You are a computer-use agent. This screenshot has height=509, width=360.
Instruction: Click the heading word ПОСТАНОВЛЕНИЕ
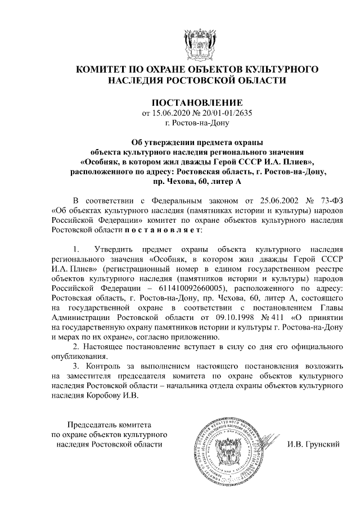197,103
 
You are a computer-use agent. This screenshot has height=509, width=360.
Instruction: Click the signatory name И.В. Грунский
314,444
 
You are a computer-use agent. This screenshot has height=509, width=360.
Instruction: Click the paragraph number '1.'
77,247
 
